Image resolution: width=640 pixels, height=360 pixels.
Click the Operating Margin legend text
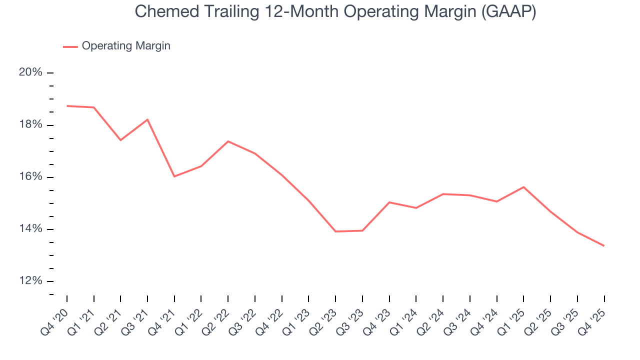(126, 46)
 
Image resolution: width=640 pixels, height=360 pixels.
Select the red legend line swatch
(70, 46)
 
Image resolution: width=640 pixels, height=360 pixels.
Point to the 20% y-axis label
(30, 72)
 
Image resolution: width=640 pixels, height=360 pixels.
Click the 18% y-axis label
(30, 125)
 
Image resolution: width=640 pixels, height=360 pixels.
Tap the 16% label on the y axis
(30, 177)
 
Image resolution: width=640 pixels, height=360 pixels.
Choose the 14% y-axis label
(30, 229)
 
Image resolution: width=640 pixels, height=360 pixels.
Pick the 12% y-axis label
(30, 281)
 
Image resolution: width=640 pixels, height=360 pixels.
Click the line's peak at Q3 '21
(147, 119)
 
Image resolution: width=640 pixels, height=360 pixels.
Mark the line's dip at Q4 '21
(174, 176)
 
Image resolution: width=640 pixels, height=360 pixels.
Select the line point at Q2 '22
(228, 141)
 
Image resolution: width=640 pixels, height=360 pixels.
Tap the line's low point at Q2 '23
(335, 231)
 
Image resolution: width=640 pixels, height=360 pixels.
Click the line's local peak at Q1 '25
(523, 187)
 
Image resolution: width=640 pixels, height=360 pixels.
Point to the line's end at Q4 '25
(604, 245)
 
